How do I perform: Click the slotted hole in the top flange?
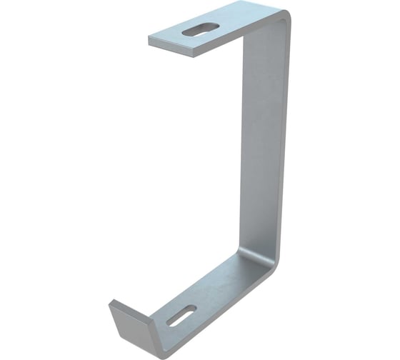[x=201, y=29]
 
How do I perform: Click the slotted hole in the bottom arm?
[x=181, y=315]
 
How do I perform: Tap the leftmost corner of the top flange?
[x=149, y=37]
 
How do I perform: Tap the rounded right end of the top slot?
[x=216, y=26]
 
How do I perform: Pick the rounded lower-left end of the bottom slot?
[x=170, y=322]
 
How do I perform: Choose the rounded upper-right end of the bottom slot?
[x=194, y=308]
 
